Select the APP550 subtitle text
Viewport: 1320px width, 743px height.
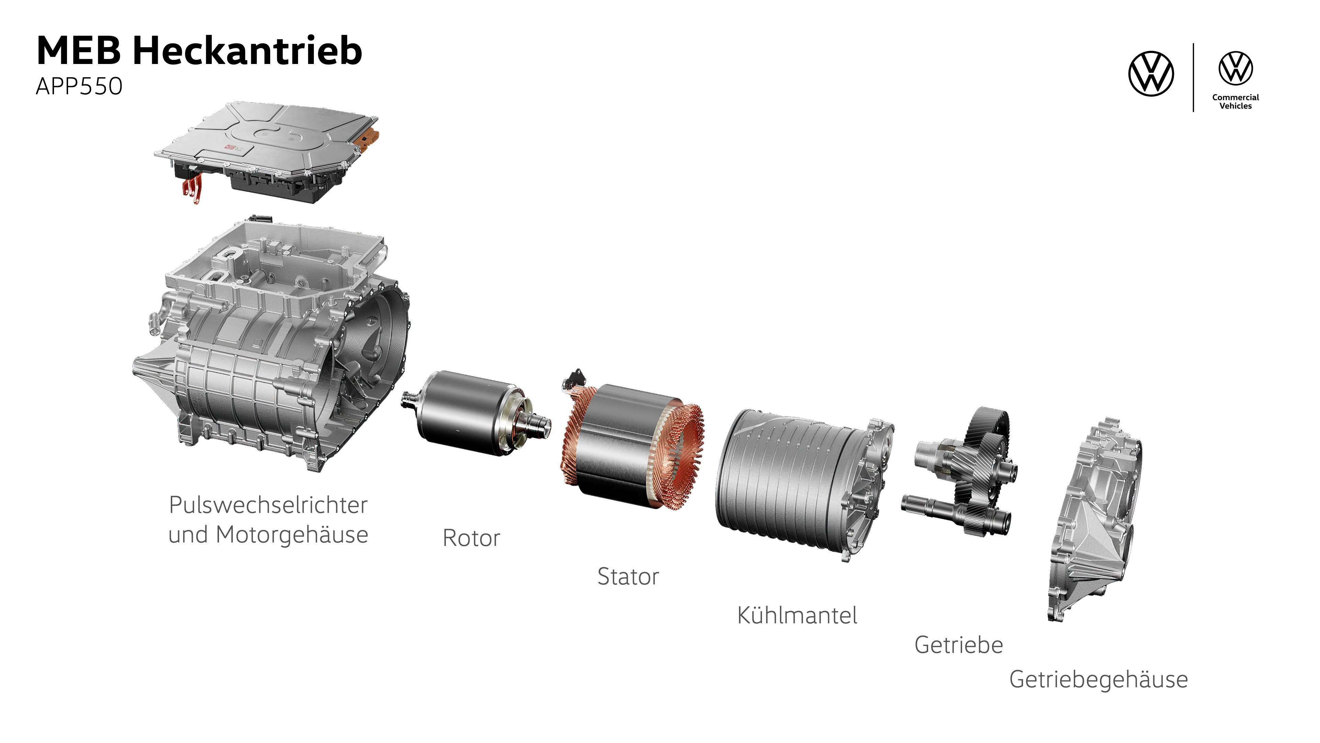pos(79,86)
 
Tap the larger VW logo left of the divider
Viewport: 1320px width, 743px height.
pos(1151,73)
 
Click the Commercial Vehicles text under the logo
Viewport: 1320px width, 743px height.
pos(1235,101)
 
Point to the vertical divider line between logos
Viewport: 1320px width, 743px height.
pos(1193,77)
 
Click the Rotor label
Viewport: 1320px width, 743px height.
pos(471,538)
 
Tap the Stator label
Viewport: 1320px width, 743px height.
pos(628,577)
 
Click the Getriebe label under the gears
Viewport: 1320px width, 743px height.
pos(958,645)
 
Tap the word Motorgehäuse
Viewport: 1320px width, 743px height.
pos(291,535)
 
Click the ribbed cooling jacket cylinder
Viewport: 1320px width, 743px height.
pos(789,480)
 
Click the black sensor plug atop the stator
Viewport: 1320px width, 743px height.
pos(575,378)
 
